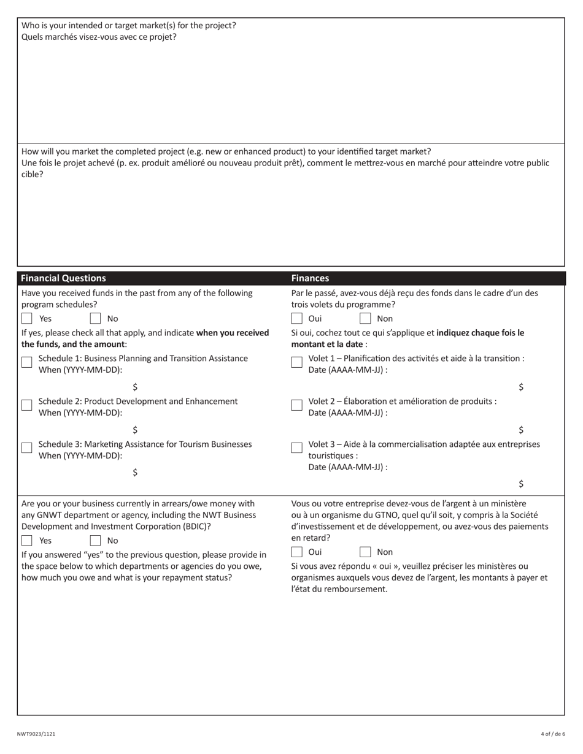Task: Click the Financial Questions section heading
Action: [64, 278]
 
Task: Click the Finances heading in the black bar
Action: [310, 278]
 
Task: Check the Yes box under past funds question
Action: [27, 318]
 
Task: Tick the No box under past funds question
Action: [95, 318]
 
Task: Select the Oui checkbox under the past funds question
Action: [297, 318]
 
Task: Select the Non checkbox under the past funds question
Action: [365, 318]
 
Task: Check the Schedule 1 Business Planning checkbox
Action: [27, 362]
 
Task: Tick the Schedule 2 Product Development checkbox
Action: [27, 405]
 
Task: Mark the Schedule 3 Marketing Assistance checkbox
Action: [27, 447]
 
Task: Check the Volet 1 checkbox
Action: [297, 362]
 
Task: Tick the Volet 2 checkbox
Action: [297, 405]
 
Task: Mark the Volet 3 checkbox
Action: [297, 447]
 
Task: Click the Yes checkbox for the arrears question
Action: [27, 541]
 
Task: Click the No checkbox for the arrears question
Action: [95, 541]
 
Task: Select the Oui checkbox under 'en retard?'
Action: [297, 552]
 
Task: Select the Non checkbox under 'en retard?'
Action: [365, 552]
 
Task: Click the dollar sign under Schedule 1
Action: [135, 387]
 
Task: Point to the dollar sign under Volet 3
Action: [521, 484]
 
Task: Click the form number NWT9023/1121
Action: [36, 734]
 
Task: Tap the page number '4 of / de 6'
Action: [553, 734]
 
